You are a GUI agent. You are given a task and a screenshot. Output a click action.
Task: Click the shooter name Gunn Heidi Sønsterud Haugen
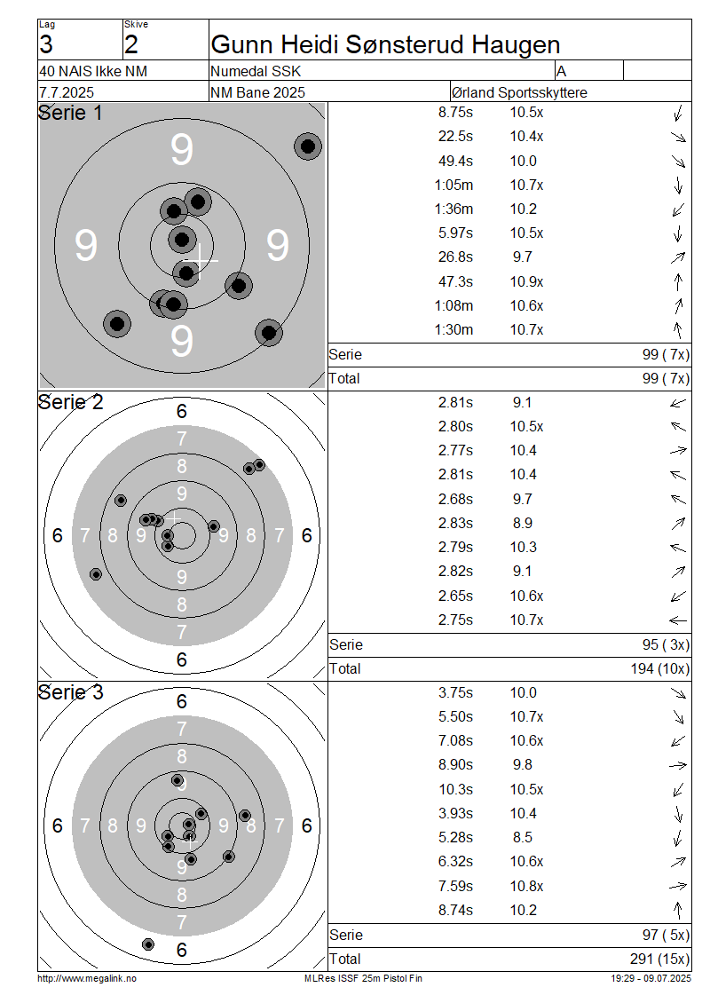(x=385, y=44)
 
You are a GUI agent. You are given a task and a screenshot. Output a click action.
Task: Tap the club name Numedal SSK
(x=256, y=71)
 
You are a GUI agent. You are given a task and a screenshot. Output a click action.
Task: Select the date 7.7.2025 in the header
(x=67, y=92)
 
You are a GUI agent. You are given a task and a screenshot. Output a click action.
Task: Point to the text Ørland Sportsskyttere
(x=519, y=92)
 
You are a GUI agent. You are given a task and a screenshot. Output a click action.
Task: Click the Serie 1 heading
(x=70, y=113)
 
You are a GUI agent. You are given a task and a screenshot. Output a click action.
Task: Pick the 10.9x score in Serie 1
(x=526, y=281)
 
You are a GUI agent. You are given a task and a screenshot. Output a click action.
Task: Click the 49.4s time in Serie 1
(x=455, y=161)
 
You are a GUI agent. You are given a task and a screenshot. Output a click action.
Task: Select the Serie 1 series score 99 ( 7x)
(x=666, y=354)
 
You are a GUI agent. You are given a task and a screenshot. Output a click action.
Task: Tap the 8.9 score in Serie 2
(x=522, y=524)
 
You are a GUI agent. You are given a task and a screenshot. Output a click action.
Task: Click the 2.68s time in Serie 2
(x=455, y=499)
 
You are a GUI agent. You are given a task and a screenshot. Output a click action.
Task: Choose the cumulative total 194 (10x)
(x=660, y=668)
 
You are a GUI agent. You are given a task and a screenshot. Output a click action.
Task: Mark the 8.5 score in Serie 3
(x=522, y=837)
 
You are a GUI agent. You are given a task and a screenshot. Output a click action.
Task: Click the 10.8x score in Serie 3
(x=526, y=886)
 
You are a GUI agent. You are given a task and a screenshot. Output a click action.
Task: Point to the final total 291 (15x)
(x=660, y=959)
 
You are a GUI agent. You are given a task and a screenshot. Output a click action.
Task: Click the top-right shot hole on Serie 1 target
(x=308, y=146)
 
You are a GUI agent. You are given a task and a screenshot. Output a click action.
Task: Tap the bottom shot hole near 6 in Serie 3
(x=147, y=944)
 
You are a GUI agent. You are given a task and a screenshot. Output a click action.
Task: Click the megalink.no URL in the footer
(x=87, y=978)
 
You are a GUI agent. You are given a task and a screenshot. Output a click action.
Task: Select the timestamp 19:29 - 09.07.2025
(x=651, y=978)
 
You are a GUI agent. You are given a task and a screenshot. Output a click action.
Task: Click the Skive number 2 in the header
(x=131, y=44)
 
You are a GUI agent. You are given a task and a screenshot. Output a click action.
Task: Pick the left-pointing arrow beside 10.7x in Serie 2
(x=678, y=620)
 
